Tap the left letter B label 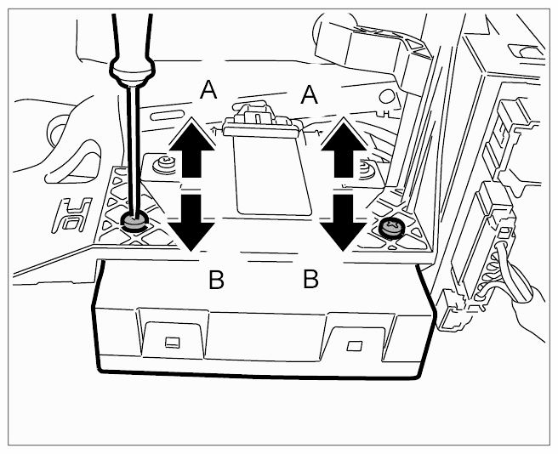[216, 280]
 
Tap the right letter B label [310, 278]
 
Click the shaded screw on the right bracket [390, 228]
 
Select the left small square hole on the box [172, 342]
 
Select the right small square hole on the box [353, 346]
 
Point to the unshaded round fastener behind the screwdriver [159, 162]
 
